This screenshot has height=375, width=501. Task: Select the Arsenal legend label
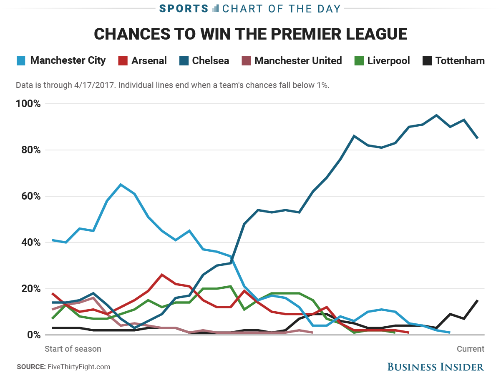coord(149,61)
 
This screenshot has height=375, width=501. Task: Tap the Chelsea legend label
coord(210,61)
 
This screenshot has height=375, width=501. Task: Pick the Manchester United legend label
coord(298,61)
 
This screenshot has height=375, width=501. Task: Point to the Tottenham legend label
coord(460,61)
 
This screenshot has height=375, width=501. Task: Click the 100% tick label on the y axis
coord(29,104)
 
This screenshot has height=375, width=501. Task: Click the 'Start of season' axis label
coord(73,349)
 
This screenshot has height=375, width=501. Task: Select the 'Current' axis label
coord(471,349)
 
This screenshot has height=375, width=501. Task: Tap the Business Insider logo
coord(436,367)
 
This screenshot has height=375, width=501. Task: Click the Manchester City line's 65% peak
coord(121,184)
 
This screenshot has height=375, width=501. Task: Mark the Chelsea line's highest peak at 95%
coord(436,115)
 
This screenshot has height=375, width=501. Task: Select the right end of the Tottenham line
coord(477,300)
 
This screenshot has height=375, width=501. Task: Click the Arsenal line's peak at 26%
coord(162,275)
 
